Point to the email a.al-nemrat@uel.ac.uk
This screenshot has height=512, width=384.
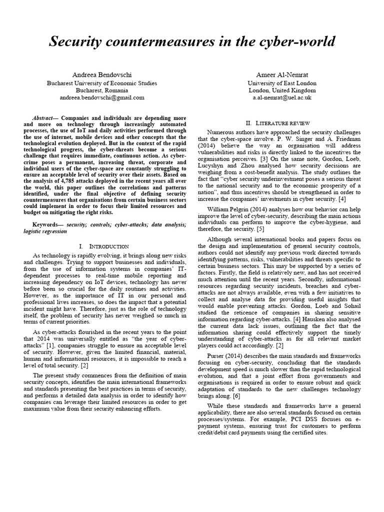tap(282, 98)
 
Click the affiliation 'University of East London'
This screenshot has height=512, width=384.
tap(282, 83)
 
